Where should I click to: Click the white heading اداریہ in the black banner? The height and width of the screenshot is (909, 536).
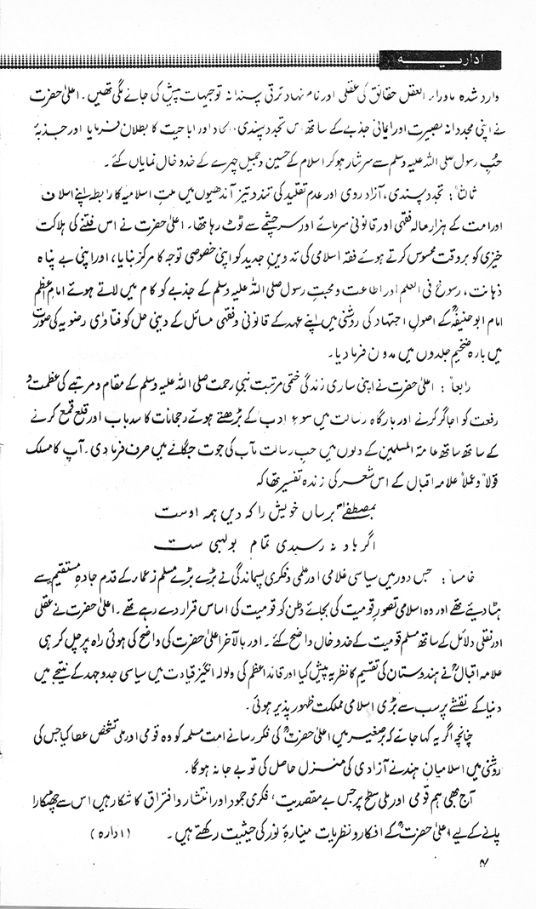(442, 60)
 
